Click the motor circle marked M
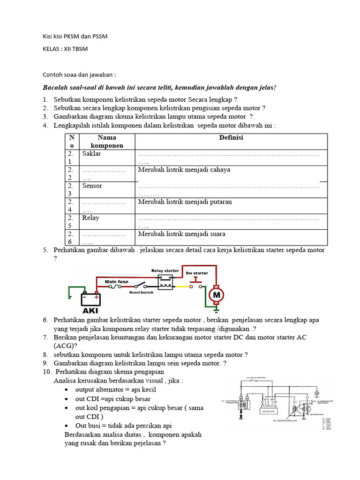(x=216, y=295)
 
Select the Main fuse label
(x=116, y=282)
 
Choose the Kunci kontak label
(x=142, y=293)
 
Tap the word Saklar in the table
(x=91, y=154)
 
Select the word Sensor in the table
(x=92, y=186)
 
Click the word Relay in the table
(x=90, y=218)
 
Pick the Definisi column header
(x=231, y=138)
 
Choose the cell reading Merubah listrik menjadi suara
(x=182, y=234)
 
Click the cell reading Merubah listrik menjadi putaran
(x=185, y=202)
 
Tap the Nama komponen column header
(x=107, y=142)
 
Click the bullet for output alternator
(x=67, y=390)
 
